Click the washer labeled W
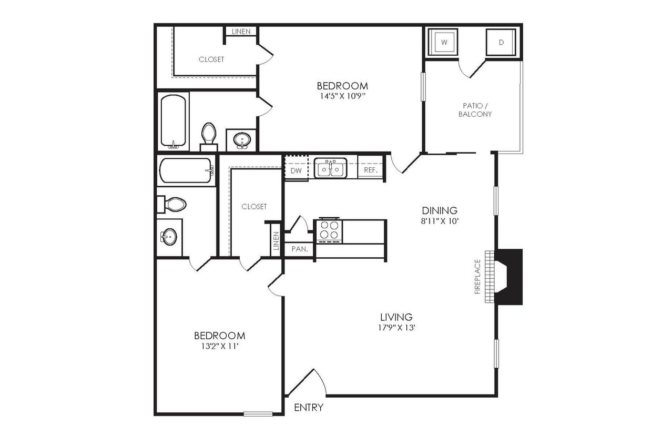point(443,42)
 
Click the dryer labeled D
point(501,42)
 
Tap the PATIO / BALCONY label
point(475,110)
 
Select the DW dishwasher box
point(296,170)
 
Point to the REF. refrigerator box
point(371,170)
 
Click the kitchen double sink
point(331,169)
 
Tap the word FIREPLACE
point(477,276)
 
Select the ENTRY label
point(309,408)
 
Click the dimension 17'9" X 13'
point(396,327)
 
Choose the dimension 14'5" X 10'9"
point(342,96)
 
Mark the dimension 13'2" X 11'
point(219,346)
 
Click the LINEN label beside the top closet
point(241,32)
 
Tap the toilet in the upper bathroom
point(209,134)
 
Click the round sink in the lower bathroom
point(169,237)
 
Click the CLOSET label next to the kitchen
point(254,207)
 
